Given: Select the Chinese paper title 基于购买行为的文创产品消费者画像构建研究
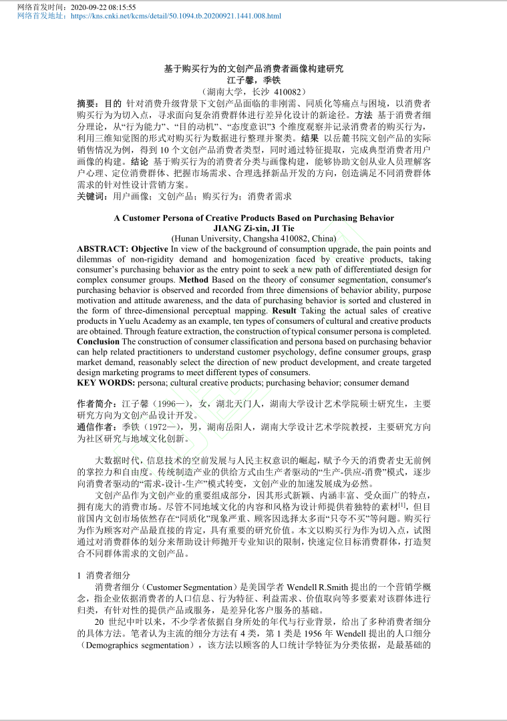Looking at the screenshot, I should (253, 69).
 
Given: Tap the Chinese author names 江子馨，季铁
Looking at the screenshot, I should (253, 79).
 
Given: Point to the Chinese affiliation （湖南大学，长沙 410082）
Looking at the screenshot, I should (253, 91).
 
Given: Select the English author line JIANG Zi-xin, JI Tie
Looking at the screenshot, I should (253, 228).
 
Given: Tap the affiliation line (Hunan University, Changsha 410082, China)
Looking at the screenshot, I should (253, 238).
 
